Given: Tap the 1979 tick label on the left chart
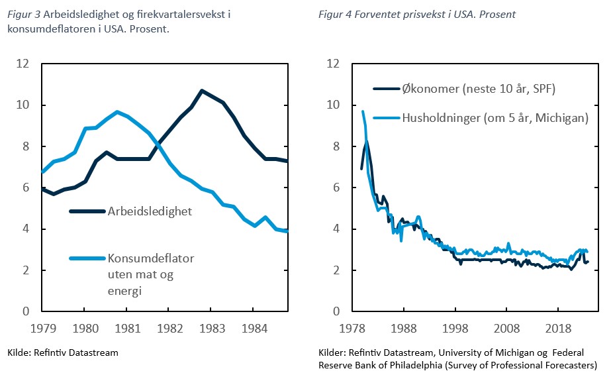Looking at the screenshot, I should (x=42, y=328).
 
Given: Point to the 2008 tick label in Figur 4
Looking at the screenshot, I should (x=506, y=328).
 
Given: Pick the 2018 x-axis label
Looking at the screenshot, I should (x=558, y=328).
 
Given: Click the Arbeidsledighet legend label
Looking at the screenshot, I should (x=150, y=211).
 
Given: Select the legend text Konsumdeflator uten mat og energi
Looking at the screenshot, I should (x=151, y=274).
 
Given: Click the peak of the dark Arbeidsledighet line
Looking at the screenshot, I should (x=202, y=91).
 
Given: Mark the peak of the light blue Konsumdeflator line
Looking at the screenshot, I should (x=117, y=111).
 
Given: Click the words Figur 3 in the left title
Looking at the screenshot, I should (x=23, y=13).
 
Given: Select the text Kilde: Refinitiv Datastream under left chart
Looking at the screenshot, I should (x=62, y=352).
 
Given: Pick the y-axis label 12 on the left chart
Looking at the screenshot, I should (x=23, y=64).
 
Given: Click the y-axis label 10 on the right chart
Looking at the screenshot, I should (x=333, y=105).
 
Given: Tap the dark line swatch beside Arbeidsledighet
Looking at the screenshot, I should (x=87, y=211).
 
